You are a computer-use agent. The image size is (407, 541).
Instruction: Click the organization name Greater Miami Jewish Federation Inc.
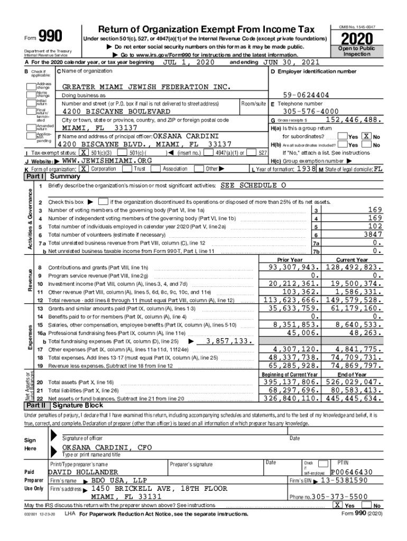click(x=146, y=87)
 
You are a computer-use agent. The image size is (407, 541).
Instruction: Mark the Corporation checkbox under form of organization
click(x=84, y=169)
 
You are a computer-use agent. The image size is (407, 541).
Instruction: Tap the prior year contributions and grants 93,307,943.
click(x=294, y=267)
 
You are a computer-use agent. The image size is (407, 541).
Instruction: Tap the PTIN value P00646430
click(x=351, y=472)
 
